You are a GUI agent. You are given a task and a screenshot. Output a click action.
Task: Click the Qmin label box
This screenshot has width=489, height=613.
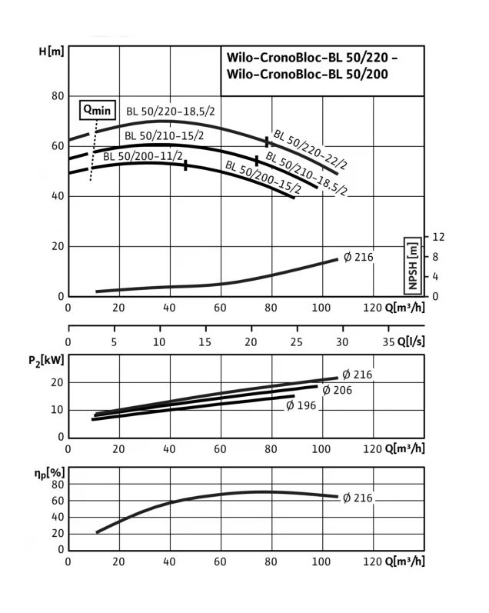(98, 110)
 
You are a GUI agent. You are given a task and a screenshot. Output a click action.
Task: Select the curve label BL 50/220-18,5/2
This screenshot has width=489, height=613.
(171, 112)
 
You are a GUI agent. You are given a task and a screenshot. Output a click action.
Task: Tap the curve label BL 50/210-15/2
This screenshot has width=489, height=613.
(165, 136)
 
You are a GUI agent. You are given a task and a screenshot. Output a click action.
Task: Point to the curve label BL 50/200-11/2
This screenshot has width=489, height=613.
(143, 156)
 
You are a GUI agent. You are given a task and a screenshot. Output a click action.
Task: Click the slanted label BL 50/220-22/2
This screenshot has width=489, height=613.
(310, 150)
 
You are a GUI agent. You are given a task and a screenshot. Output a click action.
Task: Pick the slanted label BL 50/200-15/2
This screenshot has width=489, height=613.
(264, 177)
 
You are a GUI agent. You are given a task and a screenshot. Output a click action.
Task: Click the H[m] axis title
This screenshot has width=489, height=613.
(52, 52)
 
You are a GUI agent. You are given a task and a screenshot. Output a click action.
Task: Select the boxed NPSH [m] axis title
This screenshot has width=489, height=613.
(413, 265)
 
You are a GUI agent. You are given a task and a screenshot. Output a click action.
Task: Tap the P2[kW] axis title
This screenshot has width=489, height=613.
(46, 361)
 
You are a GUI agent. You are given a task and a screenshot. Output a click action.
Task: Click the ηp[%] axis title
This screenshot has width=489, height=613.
(49, 474)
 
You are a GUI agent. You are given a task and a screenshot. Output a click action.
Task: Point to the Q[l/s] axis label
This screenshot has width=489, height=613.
(411, 341)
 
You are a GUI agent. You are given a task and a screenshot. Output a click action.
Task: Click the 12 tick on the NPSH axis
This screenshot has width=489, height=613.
(438, 237)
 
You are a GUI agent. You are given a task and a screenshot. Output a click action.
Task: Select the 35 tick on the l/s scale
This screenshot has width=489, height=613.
(388, 342)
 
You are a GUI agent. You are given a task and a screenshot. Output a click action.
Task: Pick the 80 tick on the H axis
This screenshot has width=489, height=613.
(58, 96)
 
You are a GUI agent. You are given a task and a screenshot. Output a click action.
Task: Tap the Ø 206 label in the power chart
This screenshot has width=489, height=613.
(338, 390)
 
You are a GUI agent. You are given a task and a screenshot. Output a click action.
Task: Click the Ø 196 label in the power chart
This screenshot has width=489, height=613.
(301, 405)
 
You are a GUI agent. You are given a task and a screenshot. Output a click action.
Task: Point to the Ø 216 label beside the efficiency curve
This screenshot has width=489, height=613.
(358, 498)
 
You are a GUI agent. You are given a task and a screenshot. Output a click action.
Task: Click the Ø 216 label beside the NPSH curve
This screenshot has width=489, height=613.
(358, 257)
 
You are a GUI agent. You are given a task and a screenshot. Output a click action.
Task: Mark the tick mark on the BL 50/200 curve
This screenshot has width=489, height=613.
(185, 165)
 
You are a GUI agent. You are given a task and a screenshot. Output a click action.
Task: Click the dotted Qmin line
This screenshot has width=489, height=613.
(94, 150)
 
